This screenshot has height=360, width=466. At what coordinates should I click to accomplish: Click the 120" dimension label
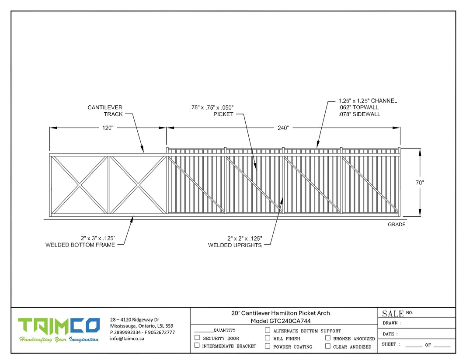107,128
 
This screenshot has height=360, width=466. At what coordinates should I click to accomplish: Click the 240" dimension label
283,128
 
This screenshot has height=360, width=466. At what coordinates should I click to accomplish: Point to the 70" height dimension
420,183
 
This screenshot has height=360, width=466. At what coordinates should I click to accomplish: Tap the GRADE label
396,225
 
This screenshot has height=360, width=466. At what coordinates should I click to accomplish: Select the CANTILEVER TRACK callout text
105,111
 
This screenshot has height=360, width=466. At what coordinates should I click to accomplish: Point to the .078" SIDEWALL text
359,114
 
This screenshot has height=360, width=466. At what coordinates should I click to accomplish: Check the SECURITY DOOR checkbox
197,338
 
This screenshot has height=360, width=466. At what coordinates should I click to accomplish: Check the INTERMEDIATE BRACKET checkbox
197,345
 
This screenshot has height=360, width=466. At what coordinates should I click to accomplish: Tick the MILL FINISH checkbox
268,338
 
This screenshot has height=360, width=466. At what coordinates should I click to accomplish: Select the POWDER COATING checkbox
268,346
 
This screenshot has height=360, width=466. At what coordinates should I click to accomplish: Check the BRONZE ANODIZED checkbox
327,338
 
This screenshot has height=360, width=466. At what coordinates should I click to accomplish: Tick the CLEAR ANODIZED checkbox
327,346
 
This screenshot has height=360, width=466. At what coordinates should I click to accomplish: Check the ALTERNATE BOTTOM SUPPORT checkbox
268,330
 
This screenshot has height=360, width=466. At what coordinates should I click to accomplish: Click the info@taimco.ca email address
127,339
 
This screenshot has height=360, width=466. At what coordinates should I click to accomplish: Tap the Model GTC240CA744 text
281,321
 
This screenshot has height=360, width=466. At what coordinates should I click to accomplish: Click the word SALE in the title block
393,314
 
